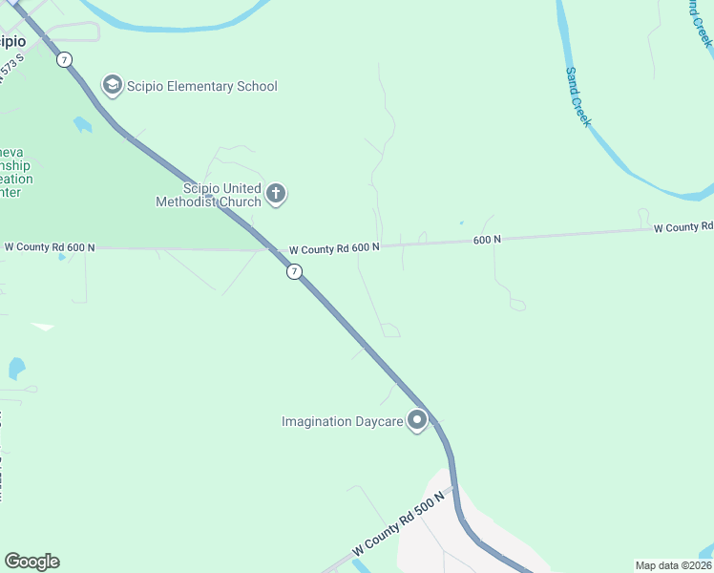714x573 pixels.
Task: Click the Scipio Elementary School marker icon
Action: click(113, 86)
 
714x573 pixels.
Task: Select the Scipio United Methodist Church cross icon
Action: click(276, 195)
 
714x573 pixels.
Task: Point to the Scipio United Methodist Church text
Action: click(209, 195)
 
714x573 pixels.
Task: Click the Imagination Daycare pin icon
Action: click(416, 420)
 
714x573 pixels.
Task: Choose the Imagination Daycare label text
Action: click(341, 421)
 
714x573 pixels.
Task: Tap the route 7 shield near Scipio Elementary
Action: click(64, 59)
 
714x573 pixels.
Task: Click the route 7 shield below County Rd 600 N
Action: click(295, 272)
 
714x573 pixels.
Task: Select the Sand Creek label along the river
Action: click(578, 96)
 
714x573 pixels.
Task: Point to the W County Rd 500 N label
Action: click(399, 524)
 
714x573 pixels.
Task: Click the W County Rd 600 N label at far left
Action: click(50, 247)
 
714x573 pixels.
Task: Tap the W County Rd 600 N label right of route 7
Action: click(334, 248)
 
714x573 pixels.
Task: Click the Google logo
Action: click(31, 562)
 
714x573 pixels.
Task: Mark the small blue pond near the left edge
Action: click(16, 368)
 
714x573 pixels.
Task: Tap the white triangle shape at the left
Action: click(42, 327)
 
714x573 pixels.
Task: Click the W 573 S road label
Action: click(10, 70)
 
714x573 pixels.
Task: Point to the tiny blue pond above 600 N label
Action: click(461, 223)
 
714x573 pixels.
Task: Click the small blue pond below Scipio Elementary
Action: click(82, 124)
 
